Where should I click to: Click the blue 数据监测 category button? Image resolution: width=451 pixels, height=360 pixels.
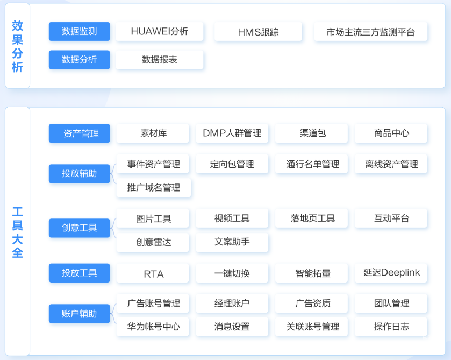pos(79,31)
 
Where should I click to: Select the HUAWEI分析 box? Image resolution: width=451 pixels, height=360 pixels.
pos(160,31)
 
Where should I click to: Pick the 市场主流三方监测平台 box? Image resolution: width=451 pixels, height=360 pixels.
pos(371,32)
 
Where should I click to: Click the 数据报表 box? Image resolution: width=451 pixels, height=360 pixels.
pos(160,60)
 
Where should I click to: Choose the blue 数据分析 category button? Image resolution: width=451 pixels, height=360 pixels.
pos(79,60)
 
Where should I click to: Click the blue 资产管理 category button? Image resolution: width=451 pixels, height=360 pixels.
pos(79,133)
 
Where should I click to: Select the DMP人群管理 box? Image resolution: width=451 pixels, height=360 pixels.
pos(232,133)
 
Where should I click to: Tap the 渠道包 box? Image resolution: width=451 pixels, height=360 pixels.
pos(312,133)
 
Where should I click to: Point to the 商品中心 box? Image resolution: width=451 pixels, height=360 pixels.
pos(391,133)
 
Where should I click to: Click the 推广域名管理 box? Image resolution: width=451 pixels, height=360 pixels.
pos(154,188)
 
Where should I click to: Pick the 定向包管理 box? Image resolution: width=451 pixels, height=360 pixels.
pos(232,164)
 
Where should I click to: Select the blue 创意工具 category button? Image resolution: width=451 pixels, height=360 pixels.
pos(79,228)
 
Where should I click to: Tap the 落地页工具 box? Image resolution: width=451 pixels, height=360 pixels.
pos(312,218)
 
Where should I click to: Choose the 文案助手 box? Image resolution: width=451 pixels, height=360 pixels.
pos(232,242)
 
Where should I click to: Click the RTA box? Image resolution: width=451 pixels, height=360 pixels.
pos(153,273)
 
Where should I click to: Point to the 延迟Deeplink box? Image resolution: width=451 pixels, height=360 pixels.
pos(391,273)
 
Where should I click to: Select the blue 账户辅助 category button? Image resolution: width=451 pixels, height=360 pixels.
pos(79,313)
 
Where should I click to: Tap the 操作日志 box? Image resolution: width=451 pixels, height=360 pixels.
pos(391,327)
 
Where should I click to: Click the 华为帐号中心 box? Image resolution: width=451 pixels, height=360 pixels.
pos(153,327)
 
